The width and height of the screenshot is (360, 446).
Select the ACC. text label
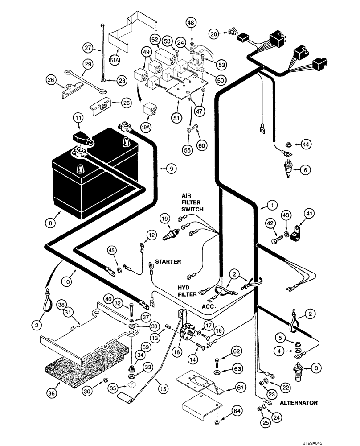click(x=209, y=307)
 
